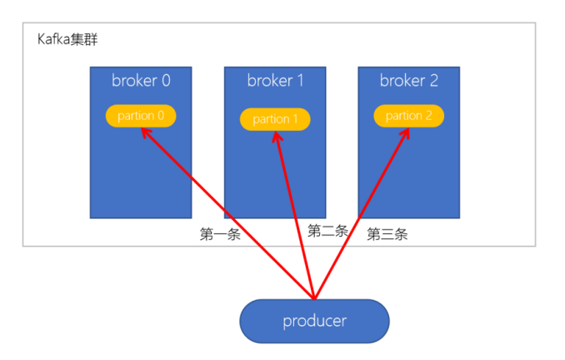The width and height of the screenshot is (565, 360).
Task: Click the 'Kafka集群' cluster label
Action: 69,39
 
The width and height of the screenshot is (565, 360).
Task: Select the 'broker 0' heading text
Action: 141,81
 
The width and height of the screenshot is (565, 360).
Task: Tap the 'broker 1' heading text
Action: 275,81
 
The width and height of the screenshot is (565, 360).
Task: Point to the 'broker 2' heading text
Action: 408,81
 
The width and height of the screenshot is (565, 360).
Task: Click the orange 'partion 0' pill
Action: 141,116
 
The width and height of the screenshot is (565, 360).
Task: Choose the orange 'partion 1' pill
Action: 275,119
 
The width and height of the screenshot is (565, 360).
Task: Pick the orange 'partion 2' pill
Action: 408,116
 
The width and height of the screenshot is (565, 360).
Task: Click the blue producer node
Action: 314,321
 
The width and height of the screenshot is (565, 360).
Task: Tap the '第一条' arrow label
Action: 220,234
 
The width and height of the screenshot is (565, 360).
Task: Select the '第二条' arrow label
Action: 327,231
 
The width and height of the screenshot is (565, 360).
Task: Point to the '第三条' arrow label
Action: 387,234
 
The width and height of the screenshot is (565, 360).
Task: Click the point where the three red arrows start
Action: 314,297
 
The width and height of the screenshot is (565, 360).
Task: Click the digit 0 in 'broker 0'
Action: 165,81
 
